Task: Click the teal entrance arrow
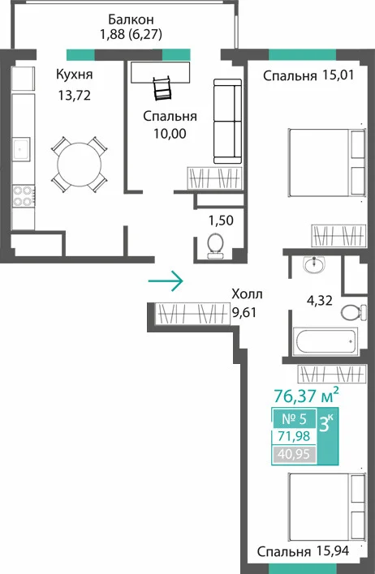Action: (166, 281)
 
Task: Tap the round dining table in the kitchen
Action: (80, 165)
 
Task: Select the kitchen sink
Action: (21, 149)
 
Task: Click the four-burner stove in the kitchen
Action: (23, 196)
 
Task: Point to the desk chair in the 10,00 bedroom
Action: (162, 88)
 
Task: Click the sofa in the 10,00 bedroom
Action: (227, 121)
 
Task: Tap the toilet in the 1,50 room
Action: (216, 246)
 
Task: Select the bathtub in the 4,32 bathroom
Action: (325, 341)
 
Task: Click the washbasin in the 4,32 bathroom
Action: (314, 264)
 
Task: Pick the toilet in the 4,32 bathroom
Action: (353, 313)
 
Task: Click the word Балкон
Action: (131, 19)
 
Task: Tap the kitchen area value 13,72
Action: (75, 96)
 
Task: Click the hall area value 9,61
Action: (244, 312)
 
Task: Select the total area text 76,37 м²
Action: (306, 395)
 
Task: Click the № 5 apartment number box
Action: (294, 418)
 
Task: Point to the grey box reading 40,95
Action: (295, 454)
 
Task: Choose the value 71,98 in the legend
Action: (294, 436)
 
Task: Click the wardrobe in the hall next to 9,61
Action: (192, 314)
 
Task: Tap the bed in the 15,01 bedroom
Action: (327, 163)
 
